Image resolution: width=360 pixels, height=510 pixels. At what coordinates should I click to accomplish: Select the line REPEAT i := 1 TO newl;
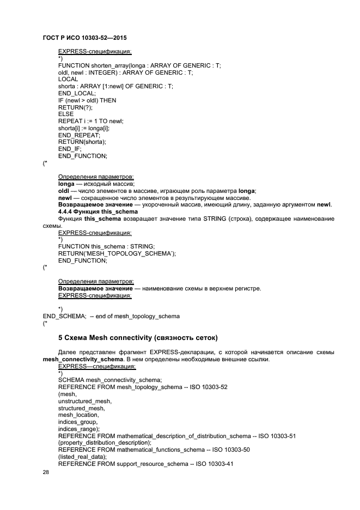click(91, 121)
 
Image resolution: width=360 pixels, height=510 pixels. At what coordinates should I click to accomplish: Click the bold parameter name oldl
click(64, 191)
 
